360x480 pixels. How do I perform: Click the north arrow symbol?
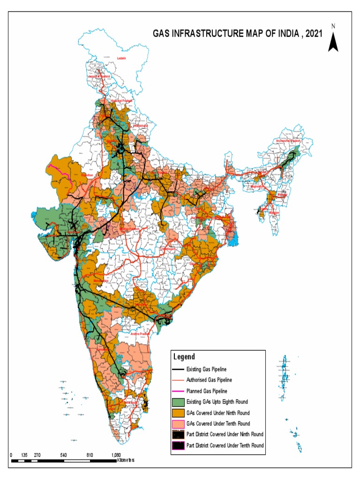(x=333, y=39)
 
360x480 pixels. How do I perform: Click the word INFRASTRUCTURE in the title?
(x=214, y=34)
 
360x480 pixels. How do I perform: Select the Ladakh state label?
(x=122, y=58)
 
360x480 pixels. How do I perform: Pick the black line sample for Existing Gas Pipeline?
(x=177, y=369)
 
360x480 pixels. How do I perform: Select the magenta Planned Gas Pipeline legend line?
(x=177, y=391)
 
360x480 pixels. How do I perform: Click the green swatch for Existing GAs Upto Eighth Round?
(x=177, y=402)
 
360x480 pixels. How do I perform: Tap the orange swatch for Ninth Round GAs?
(x=177, y=412)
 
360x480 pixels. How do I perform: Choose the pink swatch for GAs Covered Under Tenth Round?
(x=177, y=423)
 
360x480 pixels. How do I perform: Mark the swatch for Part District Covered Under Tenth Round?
(x=177, y=445)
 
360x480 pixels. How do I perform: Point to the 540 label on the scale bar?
(x=64, y=455)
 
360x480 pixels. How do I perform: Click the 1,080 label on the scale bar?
(x=116, y=455)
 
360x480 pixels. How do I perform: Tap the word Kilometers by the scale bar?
(x=125, y=461)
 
